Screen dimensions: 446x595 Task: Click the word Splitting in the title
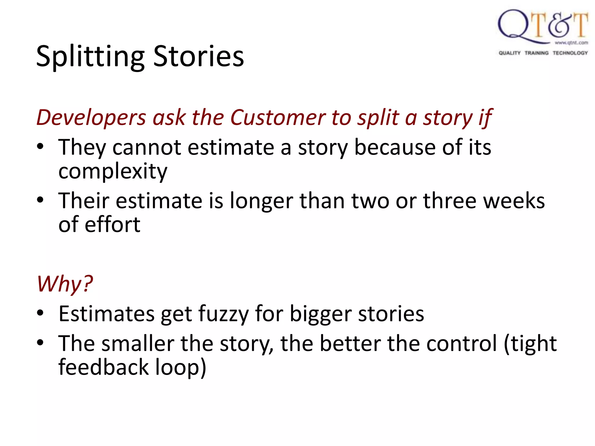point(90,57)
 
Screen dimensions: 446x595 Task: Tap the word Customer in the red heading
point(278,118)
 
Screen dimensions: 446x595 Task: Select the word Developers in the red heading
point(91,118)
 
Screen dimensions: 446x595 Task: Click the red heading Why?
point(65,284)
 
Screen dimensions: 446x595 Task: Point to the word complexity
point(113,171)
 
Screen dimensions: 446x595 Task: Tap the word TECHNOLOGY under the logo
point(570,53)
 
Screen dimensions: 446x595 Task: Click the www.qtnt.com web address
point(571,43)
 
